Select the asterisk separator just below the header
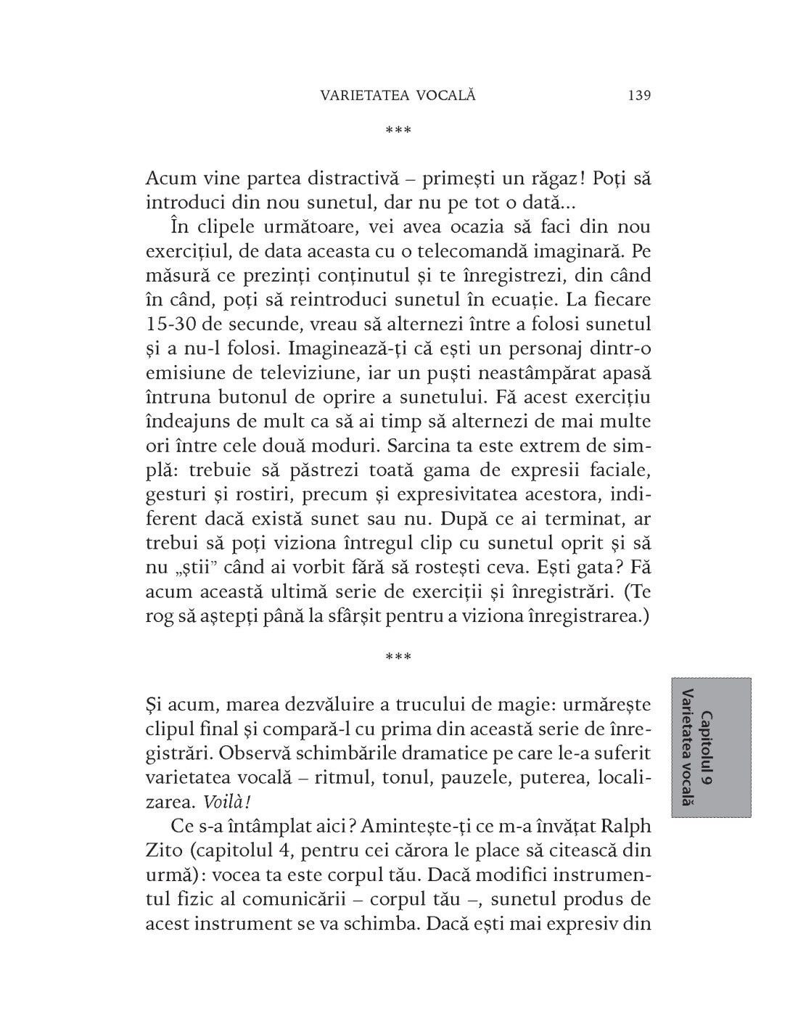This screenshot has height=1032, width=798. click(x=398, y=131)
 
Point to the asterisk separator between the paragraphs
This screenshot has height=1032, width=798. click(x=398, y=658)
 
